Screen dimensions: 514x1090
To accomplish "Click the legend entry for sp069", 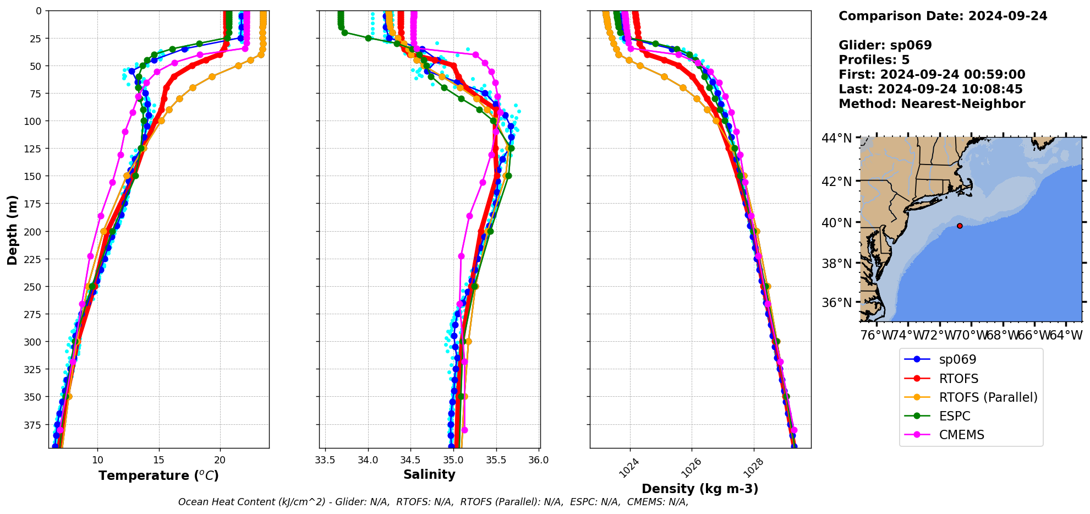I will point(957,360).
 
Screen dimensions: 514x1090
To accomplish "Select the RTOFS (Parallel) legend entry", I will point(988,397).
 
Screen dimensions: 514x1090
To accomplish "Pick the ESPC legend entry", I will point(954,416).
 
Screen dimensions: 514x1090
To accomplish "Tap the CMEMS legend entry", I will point(961,435).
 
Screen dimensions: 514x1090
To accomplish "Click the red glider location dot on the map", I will point(960,226).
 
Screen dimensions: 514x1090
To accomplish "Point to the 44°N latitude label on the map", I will point(836,138).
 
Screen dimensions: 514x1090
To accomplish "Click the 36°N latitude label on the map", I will point(836,303).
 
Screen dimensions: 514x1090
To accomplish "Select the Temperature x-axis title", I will point(158,475).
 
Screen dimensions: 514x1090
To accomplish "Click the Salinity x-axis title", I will point(429,474).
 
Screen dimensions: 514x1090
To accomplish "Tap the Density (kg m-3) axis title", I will point(700,489).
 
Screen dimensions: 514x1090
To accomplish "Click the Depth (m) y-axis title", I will point(12,229).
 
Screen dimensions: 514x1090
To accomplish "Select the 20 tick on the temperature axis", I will point(220,460).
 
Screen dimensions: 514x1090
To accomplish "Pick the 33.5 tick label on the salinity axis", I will point(325,460).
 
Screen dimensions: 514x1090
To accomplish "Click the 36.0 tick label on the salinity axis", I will point(538,460).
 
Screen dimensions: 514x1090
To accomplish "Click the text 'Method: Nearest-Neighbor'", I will point(932,104).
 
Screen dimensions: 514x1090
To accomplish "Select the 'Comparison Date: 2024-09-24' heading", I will point(943,16).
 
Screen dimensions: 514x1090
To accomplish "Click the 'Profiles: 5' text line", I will point(874,60).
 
